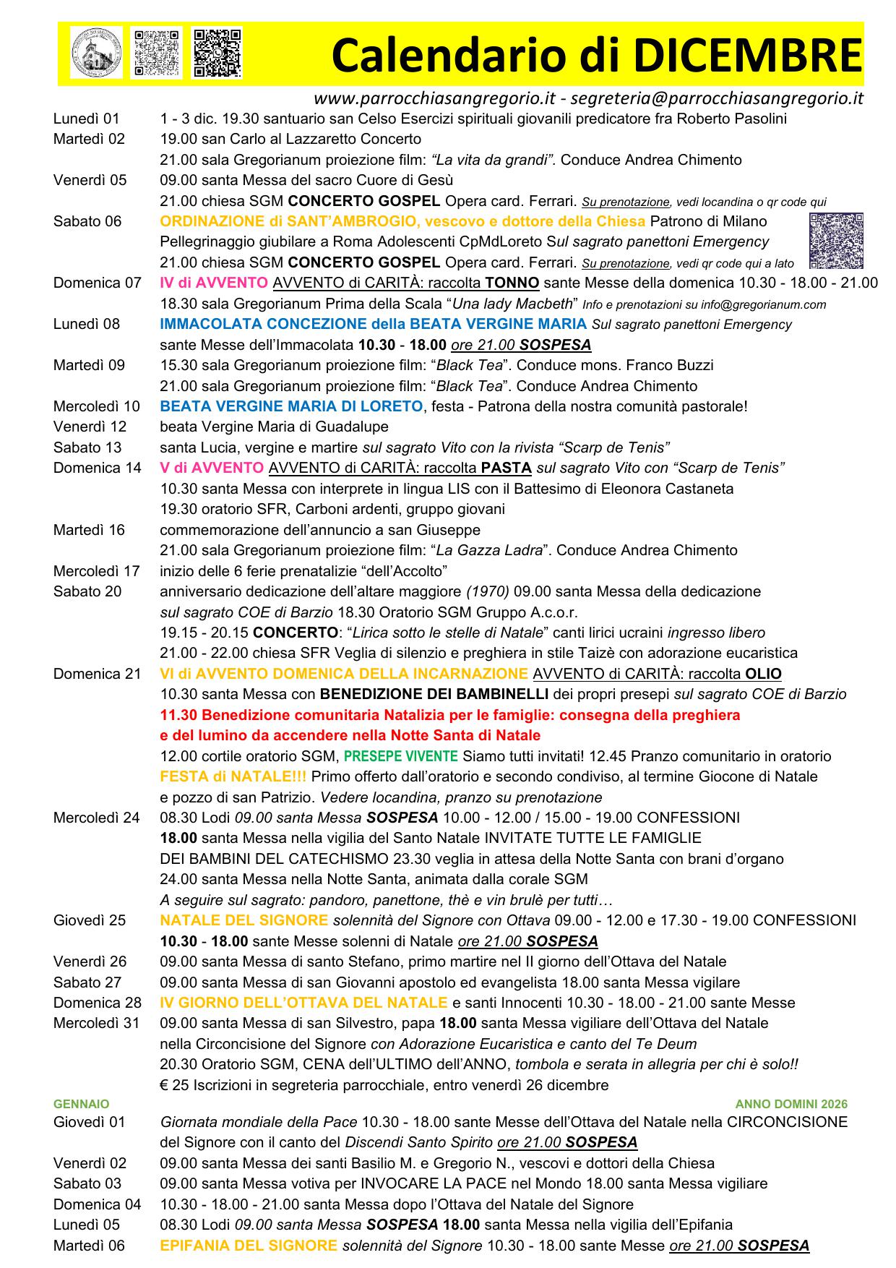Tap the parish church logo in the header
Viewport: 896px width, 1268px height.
click(x=97, y=53)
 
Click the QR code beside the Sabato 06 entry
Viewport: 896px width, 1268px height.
click(x=836, y=241)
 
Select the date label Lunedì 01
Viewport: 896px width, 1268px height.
click(x=86, y=119)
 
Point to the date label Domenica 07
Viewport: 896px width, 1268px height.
click(x=97, y=283)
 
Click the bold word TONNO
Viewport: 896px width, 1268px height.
click(x=512, y=283)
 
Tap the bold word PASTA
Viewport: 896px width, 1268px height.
click(x=506, y=468)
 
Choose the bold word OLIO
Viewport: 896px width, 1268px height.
click(x=763, y=674)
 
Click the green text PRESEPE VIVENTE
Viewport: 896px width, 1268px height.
click(x=400, y=756)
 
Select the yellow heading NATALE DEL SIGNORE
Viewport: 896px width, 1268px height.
click(x=244, y=920)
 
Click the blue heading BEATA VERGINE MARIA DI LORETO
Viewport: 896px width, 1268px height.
click(x=291, y=406)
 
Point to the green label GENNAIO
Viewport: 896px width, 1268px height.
click(x=81, y=1104)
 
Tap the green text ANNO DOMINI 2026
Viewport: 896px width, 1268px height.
click(x=791, y=1104)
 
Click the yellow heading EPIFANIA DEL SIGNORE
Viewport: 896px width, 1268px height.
click(x=248, y=1246)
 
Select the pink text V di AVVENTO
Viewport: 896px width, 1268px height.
click(x=212, y=468)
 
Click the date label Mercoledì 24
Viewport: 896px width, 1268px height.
click(x=96, y=818)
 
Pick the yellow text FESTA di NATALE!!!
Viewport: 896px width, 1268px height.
click(x=233, y=776)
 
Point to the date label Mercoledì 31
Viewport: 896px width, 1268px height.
click(x=96, y=1023)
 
